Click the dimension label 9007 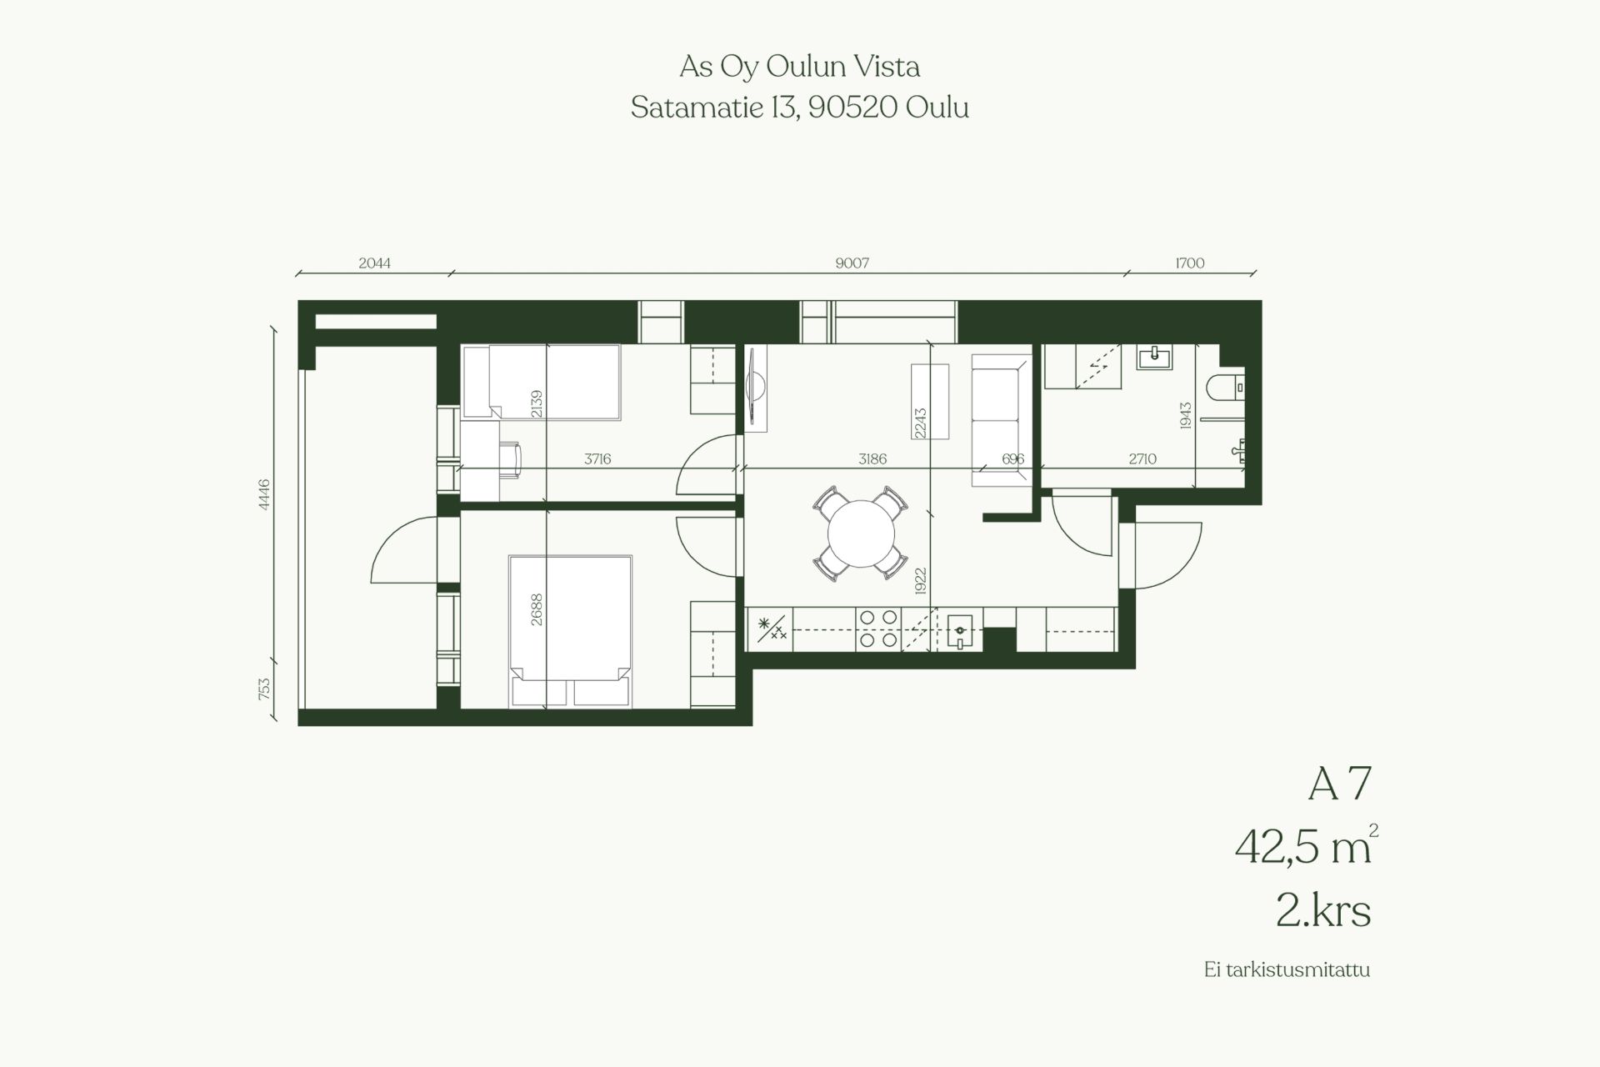pos(852,263)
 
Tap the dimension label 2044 pos(374,263)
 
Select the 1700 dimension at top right pos(1190,263)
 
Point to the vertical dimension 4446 pos(264,493)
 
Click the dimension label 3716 pos(597,458)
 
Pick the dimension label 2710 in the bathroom pos(1142,458)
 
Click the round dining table pos(861,533)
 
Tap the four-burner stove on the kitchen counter pos(878,629)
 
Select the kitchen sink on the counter pos(960,630)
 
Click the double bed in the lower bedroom pos(570,632)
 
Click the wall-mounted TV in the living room pos(755,389)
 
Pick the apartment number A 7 pos(1339,785)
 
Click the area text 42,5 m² pos(1306,847)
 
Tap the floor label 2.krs pos(1323,911)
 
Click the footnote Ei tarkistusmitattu pos(1287,969)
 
